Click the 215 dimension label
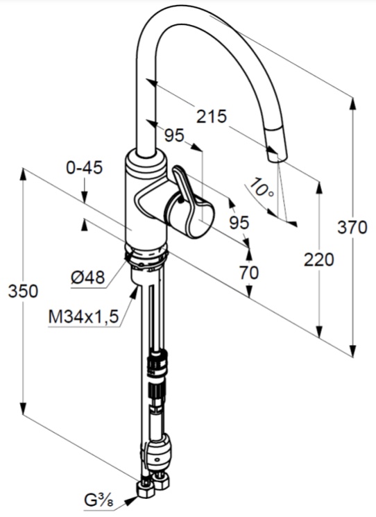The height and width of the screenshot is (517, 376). pos(212,117)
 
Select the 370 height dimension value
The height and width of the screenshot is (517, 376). pos(352,228)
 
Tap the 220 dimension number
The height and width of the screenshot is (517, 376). pos(318,260)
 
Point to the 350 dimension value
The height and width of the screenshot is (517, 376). pos(23,291)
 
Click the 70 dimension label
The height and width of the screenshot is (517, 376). pos(249,273)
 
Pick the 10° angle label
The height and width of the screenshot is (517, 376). pos(260,187)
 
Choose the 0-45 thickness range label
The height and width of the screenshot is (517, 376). pos(85,168)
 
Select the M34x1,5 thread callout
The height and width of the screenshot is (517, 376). pos(83,317)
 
